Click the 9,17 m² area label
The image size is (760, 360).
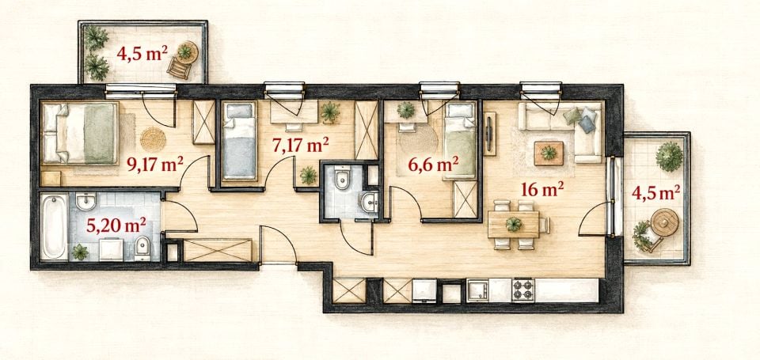[155, 165]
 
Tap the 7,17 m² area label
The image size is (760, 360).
[301, 145]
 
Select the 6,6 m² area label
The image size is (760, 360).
[433, 165]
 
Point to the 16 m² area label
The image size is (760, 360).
[542, 189]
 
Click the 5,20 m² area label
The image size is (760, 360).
[116, 225]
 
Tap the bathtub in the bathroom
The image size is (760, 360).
[54, 226]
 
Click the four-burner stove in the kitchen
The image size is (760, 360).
[523, 290]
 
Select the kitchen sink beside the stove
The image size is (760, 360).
[477, 290]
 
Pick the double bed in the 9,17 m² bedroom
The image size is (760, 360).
[81, 133]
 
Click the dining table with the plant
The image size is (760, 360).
[513, 225]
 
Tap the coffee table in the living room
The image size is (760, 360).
[549, 153]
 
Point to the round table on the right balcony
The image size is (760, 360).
[664, 222]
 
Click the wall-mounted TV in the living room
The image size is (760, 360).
[489, 133]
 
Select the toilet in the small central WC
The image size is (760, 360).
[342, 178]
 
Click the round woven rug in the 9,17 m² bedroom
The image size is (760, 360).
[153, 139]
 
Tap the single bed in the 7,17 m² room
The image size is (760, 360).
[239, 141]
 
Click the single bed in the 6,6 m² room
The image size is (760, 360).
[461, 140]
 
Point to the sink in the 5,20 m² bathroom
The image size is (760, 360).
[85, 202]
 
